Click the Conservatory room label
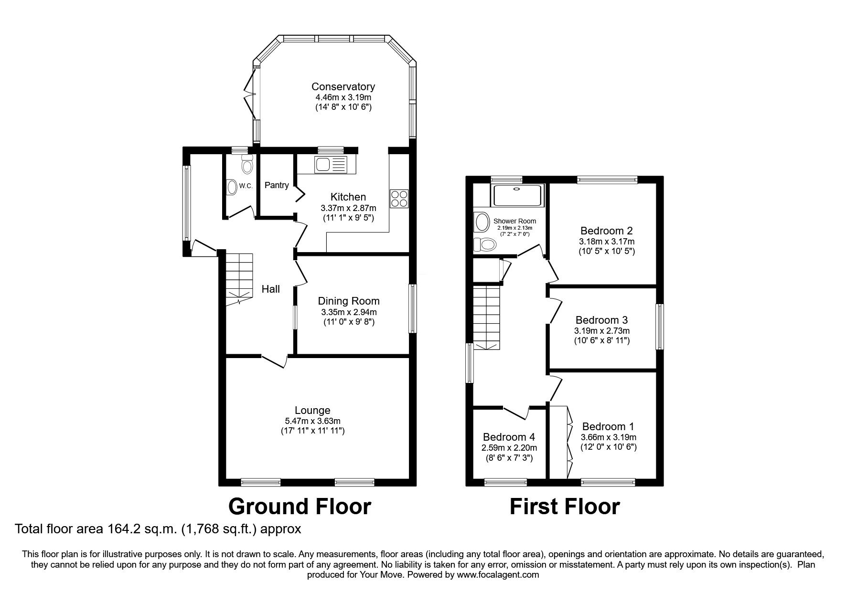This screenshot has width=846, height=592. point(343,86)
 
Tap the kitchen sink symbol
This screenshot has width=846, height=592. point(330,165)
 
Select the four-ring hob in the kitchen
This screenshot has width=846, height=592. point(399,199)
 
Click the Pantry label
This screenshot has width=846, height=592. point(277,185)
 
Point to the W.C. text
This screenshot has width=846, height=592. point(246,186)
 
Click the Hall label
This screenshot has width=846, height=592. point(270,289)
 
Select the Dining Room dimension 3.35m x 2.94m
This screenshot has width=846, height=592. point(349,312)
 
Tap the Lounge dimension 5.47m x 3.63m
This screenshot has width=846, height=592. point(312,421)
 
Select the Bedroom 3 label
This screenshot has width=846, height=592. point(601,320)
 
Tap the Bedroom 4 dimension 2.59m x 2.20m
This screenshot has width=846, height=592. point(509,448)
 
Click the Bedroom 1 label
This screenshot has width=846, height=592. point(608,426)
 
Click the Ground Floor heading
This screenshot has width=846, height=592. point(300,506)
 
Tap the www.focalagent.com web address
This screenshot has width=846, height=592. point(498,575)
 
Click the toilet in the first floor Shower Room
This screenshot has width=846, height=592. point(484,245)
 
